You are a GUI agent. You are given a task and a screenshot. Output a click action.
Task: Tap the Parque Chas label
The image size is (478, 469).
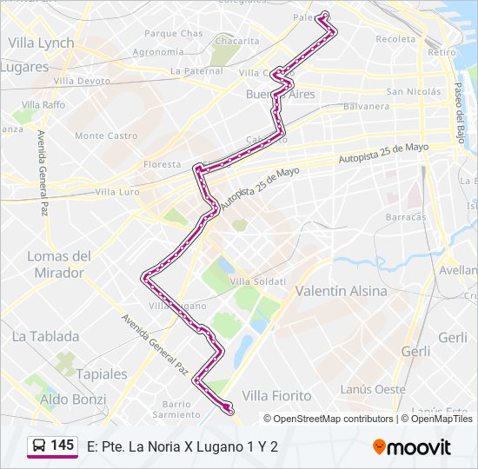pyautogui.click(x=173, y=34)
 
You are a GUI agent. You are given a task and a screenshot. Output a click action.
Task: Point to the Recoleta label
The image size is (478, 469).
pyautogui.click(x=396, y=39)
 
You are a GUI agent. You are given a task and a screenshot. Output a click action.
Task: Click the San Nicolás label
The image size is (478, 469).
pyautogui.click(x=414, y=91)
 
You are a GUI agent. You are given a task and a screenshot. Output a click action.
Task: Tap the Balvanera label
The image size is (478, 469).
pyautogui.click(x=366, y=107)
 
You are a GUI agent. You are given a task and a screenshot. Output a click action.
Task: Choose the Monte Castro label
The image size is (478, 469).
pyautogui.click(x=106, y=136)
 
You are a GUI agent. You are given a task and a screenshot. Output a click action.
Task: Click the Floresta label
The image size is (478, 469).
pyautogui.click(x=163, y=164)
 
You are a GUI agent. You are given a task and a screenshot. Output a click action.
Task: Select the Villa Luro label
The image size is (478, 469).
pyautogui.click(x=117, y=192)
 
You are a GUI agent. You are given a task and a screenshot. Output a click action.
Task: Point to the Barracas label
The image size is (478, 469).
pyautogui.click(x=406, y=216)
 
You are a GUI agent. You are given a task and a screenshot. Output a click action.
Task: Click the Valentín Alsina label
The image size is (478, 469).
pyautogui.click(x=342, y=291)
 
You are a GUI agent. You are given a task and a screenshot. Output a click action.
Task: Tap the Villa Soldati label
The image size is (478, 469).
pyautogui.click(x=257, y=281)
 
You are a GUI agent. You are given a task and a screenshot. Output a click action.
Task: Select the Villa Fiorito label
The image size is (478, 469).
pyautogui.click(x=276, y=395)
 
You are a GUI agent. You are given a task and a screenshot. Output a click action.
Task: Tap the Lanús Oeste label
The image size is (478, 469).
pyautogui.click(x=373, y=389)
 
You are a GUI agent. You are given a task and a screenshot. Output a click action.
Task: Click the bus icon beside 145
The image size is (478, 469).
pyautogui.click(x=39, y=446)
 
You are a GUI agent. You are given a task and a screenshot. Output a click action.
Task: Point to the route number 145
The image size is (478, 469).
pyautogui.click(x=62, y=445)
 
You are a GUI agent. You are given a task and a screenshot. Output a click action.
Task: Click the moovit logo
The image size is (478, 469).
pyautogui.click(x=412, y=447)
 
